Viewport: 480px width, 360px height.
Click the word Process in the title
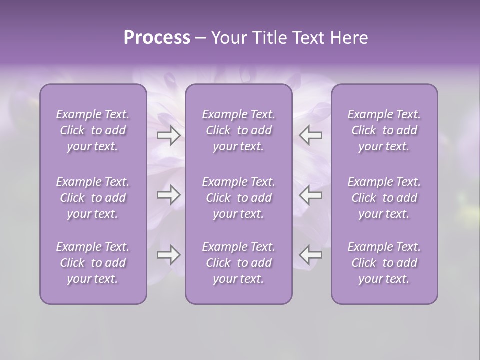click(157, 38)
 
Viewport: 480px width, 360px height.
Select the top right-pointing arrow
click(168, 135)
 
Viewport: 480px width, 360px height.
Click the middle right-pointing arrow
click(168, 195)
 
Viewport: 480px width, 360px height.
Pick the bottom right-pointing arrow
click(168, 255)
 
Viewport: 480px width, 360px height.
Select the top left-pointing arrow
click(310, 135)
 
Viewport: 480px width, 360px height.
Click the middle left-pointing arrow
click(310, 195)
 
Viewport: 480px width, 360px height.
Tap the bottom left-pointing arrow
click(310, 255)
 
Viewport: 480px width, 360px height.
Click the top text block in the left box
click(93, 130)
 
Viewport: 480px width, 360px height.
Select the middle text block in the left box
click(93, 198)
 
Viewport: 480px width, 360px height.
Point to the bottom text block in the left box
click(93, 263)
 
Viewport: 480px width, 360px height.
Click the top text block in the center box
click(238, 130)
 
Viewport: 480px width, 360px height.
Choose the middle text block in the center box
click(238, 198)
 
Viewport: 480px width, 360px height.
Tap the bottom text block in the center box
click(238, 263)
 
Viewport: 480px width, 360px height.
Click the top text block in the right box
click(384, 130)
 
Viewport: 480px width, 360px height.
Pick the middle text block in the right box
click(384, 198)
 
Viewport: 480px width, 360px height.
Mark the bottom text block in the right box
click(384, 263)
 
